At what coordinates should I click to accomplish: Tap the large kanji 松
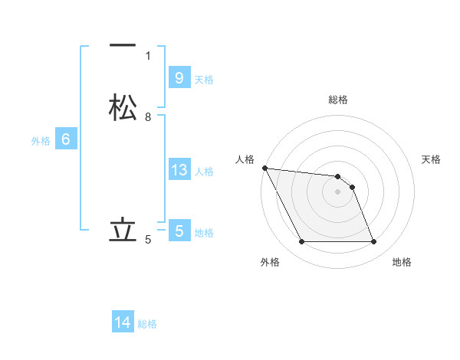[x=123, y=107]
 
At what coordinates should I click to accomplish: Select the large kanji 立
[x=123, y=230]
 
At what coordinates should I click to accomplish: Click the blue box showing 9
[x=179, y=77]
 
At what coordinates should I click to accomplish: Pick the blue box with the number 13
[x=179, y=170]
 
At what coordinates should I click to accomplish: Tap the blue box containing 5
[x=179, y=231]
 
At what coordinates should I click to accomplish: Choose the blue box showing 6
[x=66, y=139]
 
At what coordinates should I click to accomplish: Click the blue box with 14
[x=123, y=322]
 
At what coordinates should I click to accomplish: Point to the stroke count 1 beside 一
[x=148, y=56]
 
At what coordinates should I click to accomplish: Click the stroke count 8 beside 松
[x=148, y=117]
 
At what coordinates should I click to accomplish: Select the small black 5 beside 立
[x=148, y=240]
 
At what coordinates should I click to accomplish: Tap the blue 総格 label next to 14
[x=147, y=324]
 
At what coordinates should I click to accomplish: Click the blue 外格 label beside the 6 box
[x=41, y=141]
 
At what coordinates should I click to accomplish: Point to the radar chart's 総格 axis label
[x=338, y=100]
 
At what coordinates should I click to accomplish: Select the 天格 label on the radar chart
[x=432, y=159]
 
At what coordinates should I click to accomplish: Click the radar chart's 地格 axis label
[x=402, y=262]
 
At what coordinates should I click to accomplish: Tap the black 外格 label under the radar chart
[x=270, y=262]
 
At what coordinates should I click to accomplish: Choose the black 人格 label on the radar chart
[x=245, y=159]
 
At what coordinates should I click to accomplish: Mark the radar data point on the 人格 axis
[x=264, y=168]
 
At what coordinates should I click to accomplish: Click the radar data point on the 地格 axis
[x=373, y=242]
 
